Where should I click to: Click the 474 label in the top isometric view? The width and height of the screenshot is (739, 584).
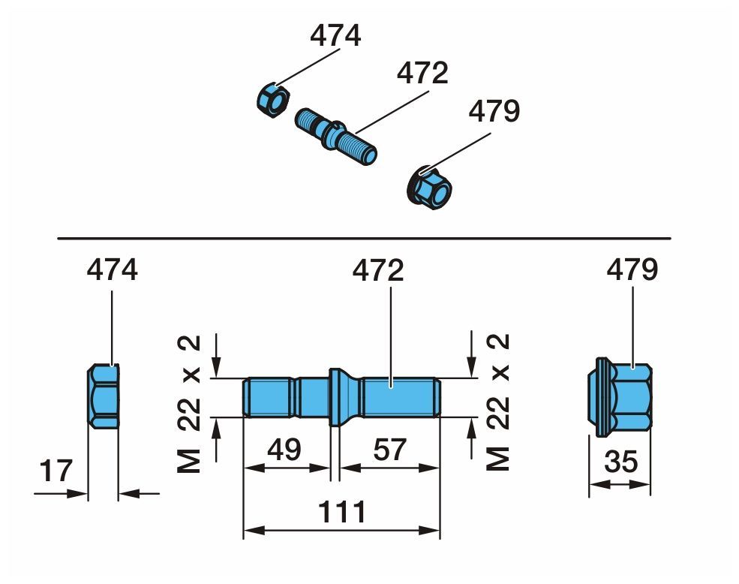[335, 35]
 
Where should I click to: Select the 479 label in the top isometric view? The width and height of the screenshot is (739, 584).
[494, 111]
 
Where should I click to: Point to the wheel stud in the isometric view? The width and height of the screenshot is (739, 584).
[335, 137]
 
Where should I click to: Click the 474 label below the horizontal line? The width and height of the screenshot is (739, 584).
[113, 269]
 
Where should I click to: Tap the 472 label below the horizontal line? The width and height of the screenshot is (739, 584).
[378, 270]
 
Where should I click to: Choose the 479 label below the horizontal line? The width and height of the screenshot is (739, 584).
[632, 269]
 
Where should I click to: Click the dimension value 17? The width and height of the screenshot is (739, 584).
[56, 471]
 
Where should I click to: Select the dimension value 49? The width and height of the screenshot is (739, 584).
[284, 450]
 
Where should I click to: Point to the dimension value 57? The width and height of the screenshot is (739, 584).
[390, 450]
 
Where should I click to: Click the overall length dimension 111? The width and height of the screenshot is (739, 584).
[342, 512]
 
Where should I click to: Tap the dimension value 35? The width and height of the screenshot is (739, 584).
[621, 462]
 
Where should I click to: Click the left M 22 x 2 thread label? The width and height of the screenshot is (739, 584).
[189, 404]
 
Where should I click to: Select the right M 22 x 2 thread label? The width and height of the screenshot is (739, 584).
[498, 402]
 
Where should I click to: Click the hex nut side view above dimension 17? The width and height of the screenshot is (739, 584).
[104, 396]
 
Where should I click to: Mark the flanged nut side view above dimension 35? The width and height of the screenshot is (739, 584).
[620, 397]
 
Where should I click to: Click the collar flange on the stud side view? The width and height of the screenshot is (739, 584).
[335, 397]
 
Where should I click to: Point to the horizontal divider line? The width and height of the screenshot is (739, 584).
[364, 238]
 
